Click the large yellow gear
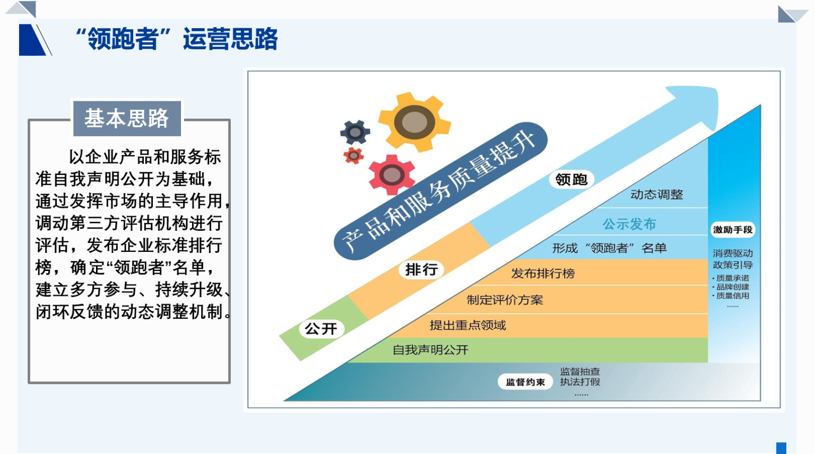click(x=414, y=121)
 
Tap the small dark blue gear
click(x=355, y=132)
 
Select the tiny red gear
click(x=353, y=156)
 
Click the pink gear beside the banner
click(x=392, y=175)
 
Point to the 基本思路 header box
click(x=127, y=118)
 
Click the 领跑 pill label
click(x=571, y=179)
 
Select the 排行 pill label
click(x=421, y=269)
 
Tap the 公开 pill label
click(x=321, y=329)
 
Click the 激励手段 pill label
click(x=732, y=230)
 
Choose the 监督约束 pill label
click(x=525, y=382)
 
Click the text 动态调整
click(x=657, y=194)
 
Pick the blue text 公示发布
click(x=629, y=224)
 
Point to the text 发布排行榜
click(x=543, y=273)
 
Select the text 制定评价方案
click(x=505, y=300)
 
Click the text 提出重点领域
click(x=467, y=325)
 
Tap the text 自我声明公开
click(x=430, y=350)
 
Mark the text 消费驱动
click(x=732, y=253)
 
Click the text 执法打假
click(x=580, y=382)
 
